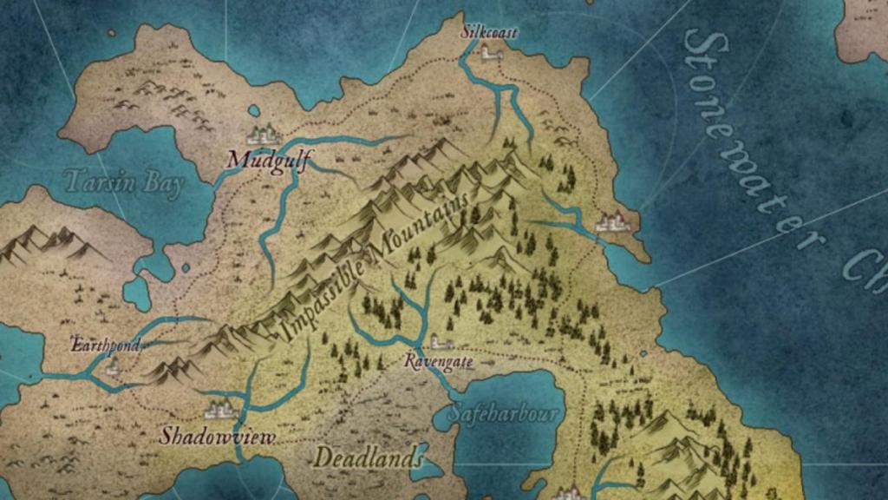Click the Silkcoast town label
[x=489, y=32]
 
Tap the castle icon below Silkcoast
[x=492, y=53]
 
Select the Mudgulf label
[x=269, y=159]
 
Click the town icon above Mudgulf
[x=263, y=135]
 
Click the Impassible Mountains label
[x=375, y=265]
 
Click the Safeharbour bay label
[x=504, y=412]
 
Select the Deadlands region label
[x=369, y=457]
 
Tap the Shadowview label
[x=217, y=435]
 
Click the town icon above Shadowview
[x=219, y=409]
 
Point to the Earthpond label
[x=105, y=345]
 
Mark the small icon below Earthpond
[x=111, y=365]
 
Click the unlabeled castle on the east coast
[x=613, y=222]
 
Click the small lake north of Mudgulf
[x=253, y=111]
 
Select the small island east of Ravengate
[x=643, y=353]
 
